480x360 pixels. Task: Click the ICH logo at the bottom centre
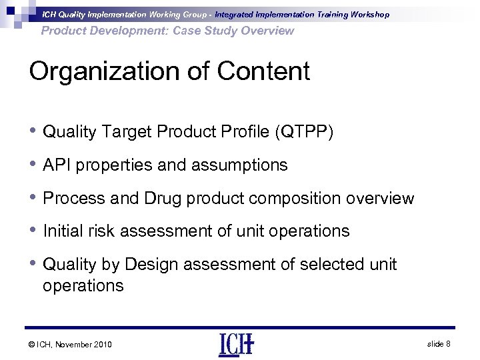tap(236, 344)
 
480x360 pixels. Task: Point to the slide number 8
tap(449, 343)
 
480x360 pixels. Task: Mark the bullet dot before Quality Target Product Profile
tap(33, 132)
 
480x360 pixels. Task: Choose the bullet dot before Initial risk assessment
tap(33, 231)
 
